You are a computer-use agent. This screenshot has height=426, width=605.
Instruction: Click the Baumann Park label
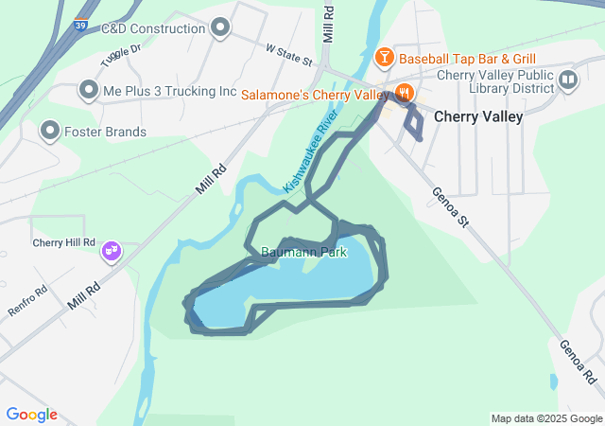pyautogui.click(x=303, y=253)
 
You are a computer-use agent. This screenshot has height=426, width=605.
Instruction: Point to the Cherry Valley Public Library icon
pyautogui.click(x=568, y=80)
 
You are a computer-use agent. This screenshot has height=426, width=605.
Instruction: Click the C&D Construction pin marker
pyautogui.click(x=221, y=28)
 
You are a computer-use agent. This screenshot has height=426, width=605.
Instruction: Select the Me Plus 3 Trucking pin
pyautogui.click(x=89, y=91)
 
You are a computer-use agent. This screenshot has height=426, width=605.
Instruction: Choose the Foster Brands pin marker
pyautogui.click(x=49, y=131)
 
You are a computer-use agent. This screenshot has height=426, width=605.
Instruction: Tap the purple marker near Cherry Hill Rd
pyautogui.click(x=112, y=251)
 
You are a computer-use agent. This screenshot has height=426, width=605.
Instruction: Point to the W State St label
pyautogui.click(x=289, y=54)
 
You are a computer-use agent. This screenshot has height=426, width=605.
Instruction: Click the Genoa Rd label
pyautogui.click(x=577, y=362)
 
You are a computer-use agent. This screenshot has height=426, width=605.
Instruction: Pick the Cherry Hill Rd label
pyautogui.click(x=63, y=242)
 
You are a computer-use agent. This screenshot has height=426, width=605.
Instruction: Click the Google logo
pyautogui.click(x=31, y=415)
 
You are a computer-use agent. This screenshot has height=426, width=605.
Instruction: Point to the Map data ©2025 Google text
pyautogui.click(x=545, y=418)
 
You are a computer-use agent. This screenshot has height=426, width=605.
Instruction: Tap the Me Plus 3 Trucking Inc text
pyautogui.click(x=169, y=92)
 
